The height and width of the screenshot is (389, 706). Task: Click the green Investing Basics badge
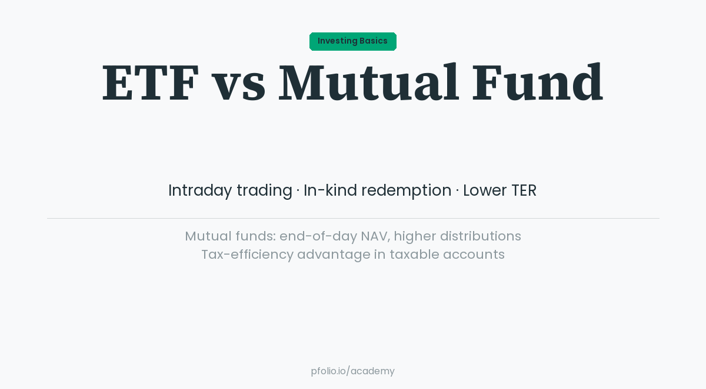pos(352,41)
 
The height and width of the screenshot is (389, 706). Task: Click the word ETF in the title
pos(151,83)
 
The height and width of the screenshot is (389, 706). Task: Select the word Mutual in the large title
pos(368,83)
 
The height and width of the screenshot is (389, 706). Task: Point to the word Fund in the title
pos(537,83)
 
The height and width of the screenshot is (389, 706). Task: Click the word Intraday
pos(200,190)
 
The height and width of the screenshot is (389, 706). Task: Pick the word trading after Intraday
pos(264,191)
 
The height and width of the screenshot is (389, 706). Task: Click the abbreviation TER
pos(524,190)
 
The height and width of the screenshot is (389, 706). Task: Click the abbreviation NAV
pos(374,236)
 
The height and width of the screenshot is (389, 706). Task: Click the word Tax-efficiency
pos(247,254)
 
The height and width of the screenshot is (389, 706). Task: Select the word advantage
pos(334,255)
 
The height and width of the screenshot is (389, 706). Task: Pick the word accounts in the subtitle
pos(474,254)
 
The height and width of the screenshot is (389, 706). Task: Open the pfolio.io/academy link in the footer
pos(352,371)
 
